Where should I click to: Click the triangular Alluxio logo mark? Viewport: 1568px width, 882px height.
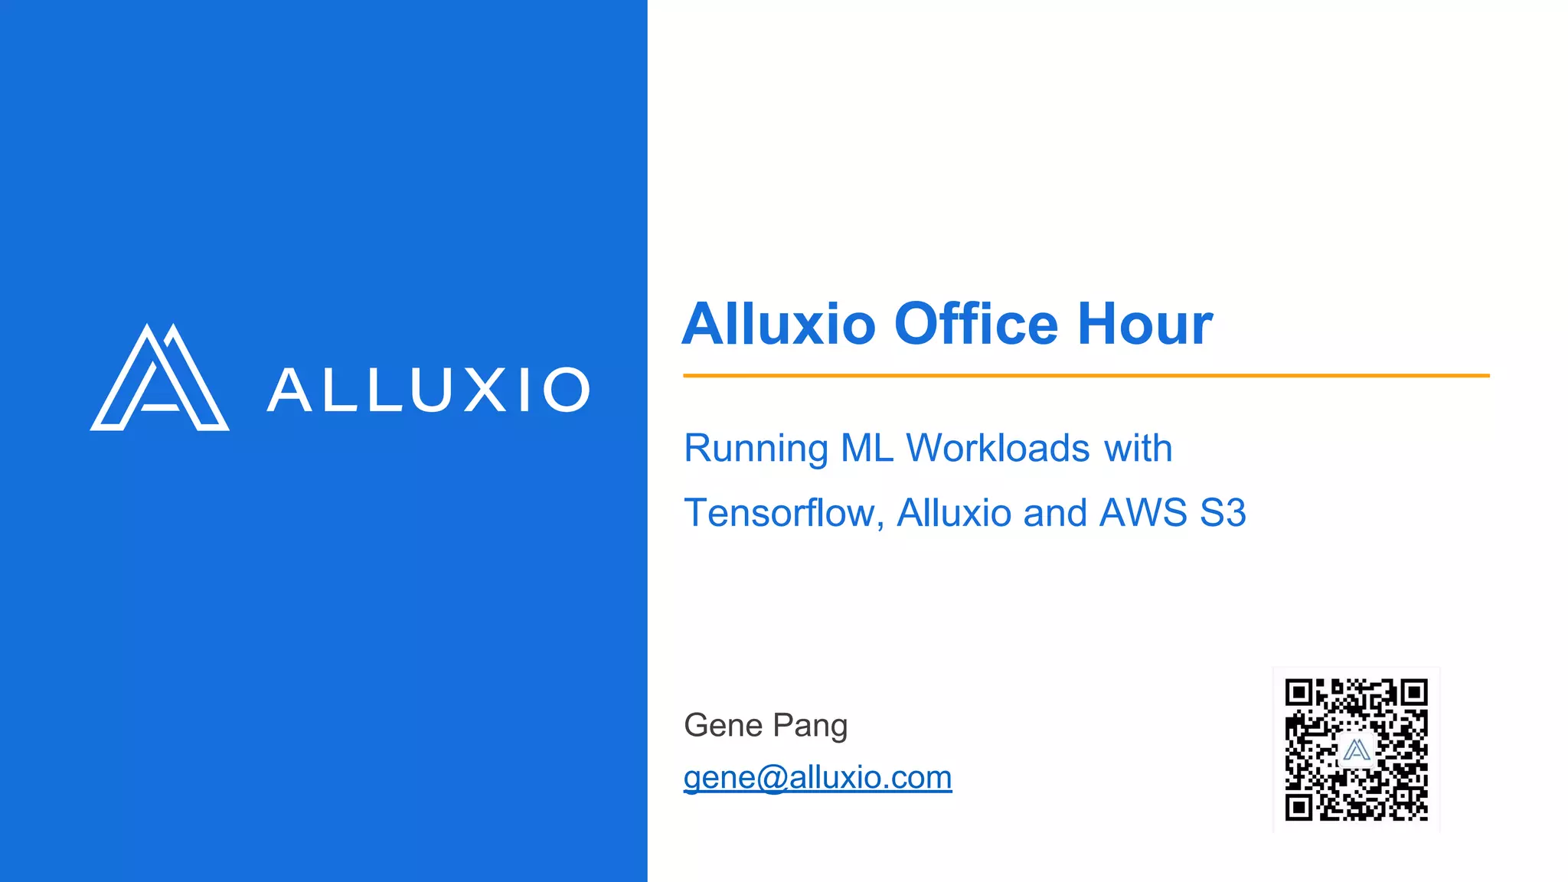click(159, 379)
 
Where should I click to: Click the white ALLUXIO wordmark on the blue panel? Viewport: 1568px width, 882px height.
click(429, 390)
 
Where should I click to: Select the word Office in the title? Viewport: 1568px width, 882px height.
click(976, 324)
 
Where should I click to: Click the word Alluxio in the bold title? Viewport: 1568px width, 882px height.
click(779, 324)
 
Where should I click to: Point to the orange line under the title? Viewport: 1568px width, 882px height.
click(1086, 376)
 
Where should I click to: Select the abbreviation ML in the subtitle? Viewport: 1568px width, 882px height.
click(867, 449)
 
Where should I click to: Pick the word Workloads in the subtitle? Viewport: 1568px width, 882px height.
click(998, 449)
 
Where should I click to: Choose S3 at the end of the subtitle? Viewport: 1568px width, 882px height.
click(1223, 513)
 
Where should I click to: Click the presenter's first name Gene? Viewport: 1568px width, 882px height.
click(723, 725)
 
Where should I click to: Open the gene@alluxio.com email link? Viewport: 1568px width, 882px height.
click(817, 778)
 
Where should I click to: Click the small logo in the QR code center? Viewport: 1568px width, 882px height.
click(1356, 750)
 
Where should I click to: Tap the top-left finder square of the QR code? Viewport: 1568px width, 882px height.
click(1298, 693)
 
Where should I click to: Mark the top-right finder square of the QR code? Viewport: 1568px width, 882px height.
click(1413, 693)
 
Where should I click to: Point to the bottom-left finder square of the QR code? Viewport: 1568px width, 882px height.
click(1298, 807)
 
